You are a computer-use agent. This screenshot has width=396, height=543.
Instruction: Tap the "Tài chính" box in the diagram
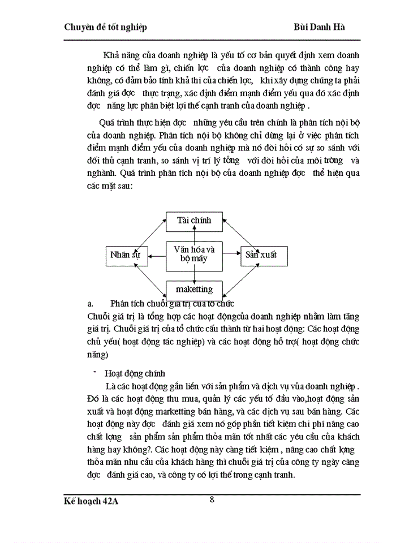(194, 221)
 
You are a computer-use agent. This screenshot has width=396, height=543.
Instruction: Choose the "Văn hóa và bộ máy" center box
(194, 254)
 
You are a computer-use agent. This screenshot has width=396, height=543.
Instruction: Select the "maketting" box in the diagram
(194, 290)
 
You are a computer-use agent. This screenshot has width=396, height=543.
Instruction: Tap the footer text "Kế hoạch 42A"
(94, 502)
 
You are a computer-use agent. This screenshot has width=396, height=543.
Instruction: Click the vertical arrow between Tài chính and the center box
(194, 236)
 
